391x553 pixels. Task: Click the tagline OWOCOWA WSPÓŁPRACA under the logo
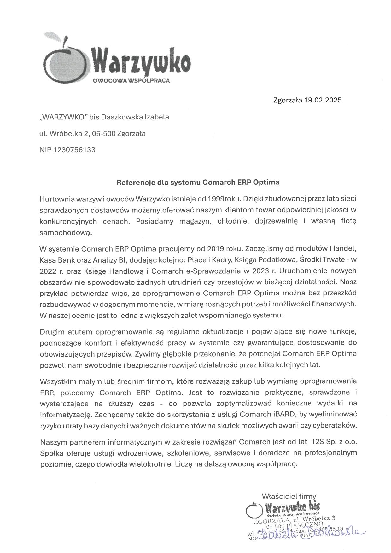(x=131, y=80)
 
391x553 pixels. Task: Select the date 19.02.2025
(x=323, y=101)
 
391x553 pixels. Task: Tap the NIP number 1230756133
(x=75, y=150)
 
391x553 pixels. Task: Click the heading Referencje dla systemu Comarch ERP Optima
(x=198, y=182)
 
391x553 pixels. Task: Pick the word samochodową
(x=66, y=232)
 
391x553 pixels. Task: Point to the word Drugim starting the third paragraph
(x=52, y=332)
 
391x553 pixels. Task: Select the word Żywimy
(x=147, y=354)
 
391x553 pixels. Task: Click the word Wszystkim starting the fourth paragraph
(x=58, y=381)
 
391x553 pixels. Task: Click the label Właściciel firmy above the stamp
(x=289, y=496)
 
